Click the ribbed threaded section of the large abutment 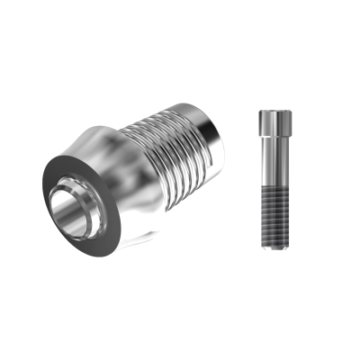[175, 144]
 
